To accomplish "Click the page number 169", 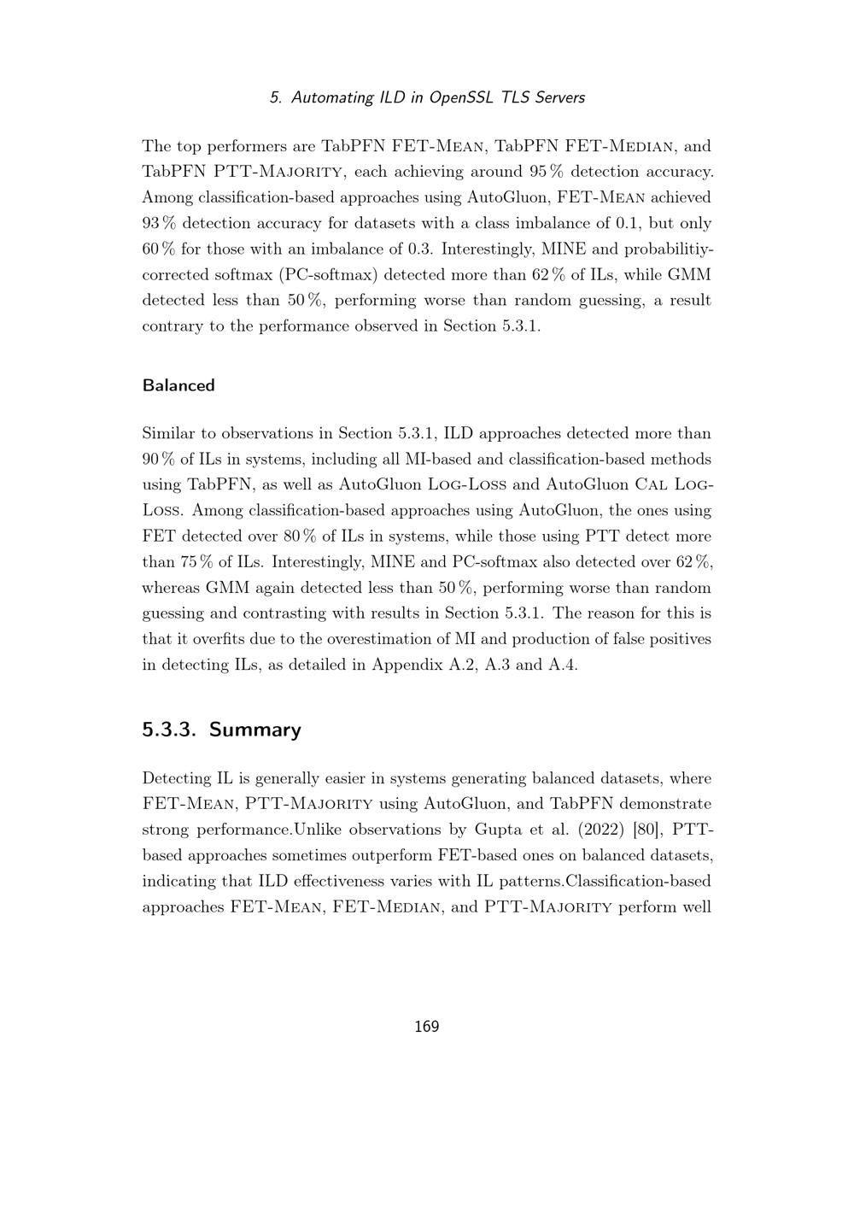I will [426, 1027].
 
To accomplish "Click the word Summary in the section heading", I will [254, 730].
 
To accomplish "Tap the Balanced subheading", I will [178, 385].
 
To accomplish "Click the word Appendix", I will [406, 665].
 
